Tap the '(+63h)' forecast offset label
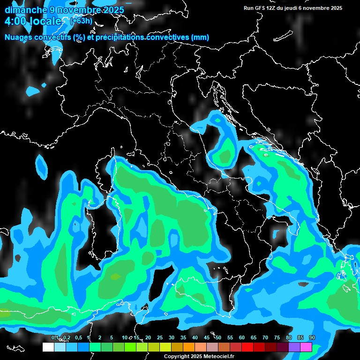tap(81, 21)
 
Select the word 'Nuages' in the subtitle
tap(18, 37)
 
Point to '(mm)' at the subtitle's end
tap(200, 37)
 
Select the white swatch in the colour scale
tap(48, 347)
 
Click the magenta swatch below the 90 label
tap(306, 347)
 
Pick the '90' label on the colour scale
tap(312, 337)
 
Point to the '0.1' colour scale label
tap(55, 337)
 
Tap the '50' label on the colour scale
tap(218, 337)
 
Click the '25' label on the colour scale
tap(160, 337)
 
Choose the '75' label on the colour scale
tap(277, 337)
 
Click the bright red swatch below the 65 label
tap(247, 347)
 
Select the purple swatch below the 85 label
tap(294, 347)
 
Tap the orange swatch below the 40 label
tap(189, 347)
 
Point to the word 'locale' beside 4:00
tap(45, 21)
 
